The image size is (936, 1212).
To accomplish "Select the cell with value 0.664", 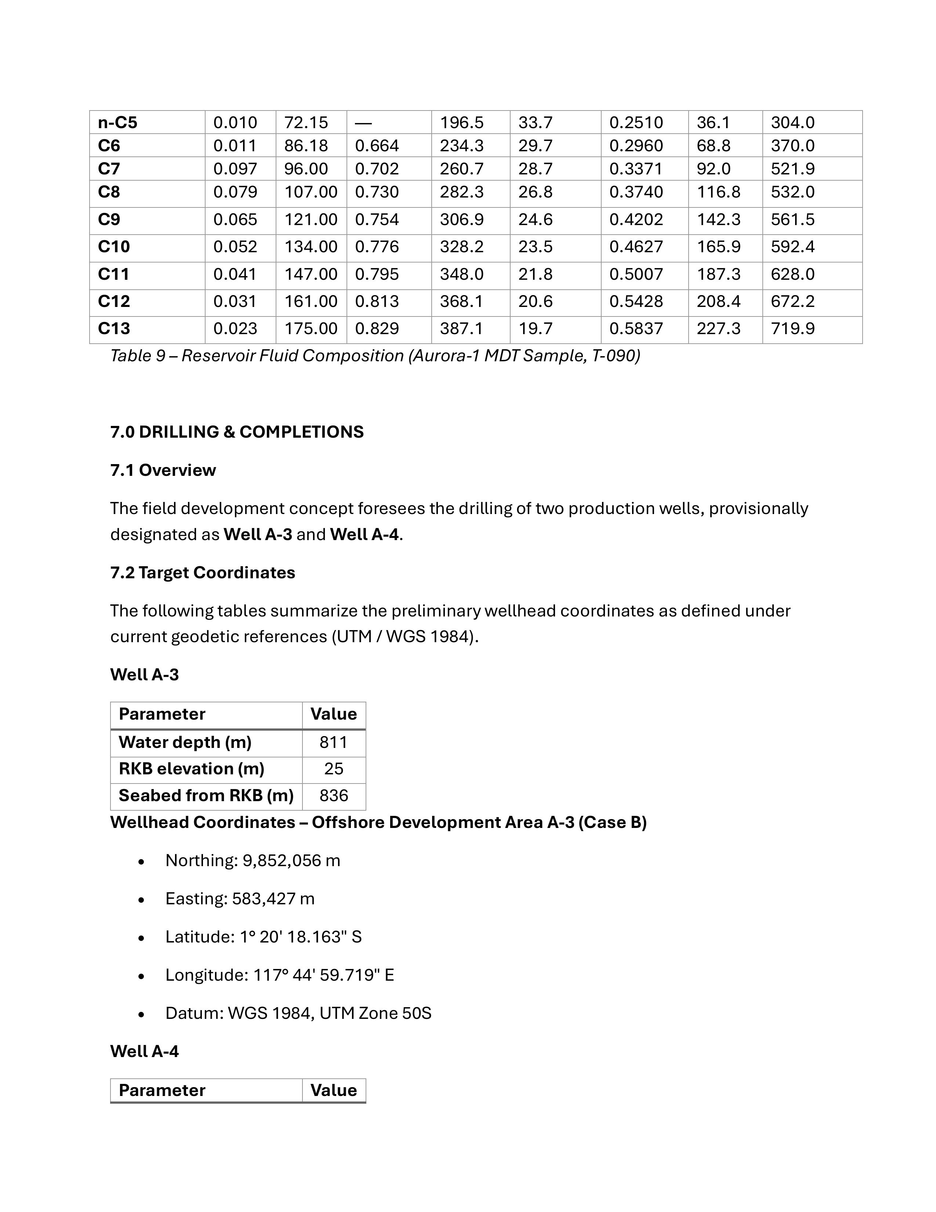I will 377,145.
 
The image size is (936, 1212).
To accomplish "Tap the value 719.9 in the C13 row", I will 792,329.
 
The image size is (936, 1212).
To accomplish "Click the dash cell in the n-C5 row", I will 363,123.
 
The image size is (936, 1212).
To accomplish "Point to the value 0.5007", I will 636,274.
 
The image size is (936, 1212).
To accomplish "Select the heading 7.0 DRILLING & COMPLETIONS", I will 237,432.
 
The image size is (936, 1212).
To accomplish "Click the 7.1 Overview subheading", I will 163,470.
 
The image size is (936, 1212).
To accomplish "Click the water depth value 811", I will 333,742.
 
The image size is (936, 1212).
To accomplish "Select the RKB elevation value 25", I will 333,768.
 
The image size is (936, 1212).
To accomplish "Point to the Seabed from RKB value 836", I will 333,795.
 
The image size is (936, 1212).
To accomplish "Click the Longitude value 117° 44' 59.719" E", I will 323,975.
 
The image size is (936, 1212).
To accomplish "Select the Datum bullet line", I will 298,1013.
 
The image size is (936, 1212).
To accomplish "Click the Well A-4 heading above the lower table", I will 144,1051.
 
